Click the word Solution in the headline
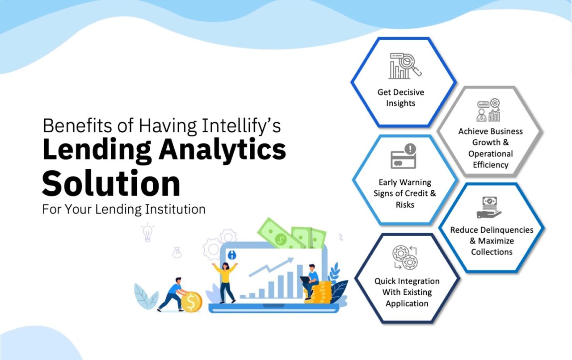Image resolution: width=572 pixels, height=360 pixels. [x=111, y=184]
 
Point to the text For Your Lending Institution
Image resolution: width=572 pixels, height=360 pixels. [x=124, y=209]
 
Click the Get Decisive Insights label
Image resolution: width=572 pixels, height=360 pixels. [x=400, y=98]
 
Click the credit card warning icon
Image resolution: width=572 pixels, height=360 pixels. [x=403, y=156]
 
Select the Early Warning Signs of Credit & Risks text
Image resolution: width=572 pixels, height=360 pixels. [x=405, y=193]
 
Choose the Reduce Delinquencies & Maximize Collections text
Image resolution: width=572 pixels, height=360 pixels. [x=492, y=241]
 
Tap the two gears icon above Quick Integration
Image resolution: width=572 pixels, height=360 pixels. [x=404, y=258]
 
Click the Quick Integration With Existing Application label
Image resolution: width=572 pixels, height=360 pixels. [x=407, y=292]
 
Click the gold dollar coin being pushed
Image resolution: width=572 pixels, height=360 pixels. [x=191, y=302]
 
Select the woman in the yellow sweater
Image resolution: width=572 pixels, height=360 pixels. [x=225, y=280]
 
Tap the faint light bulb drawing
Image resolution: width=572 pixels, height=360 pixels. [x=147, y=232]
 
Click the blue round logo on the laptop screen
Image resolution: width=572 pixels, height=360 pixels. [x=231, y=255]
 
